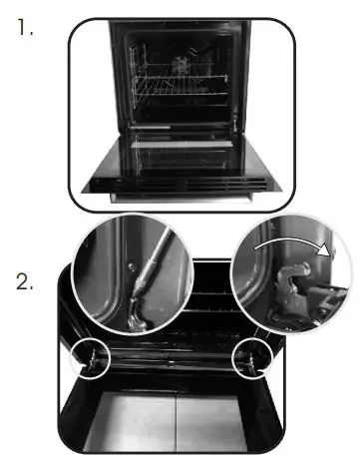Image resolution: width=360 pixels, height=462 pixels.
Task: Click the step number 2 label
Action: tap(28, 281)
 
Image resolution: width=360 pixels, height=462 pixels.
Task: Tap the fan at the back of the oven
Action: tap(183, 65)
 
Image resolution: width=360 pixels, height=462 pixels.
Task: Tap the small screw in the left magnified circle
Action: tap(130, 266)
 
